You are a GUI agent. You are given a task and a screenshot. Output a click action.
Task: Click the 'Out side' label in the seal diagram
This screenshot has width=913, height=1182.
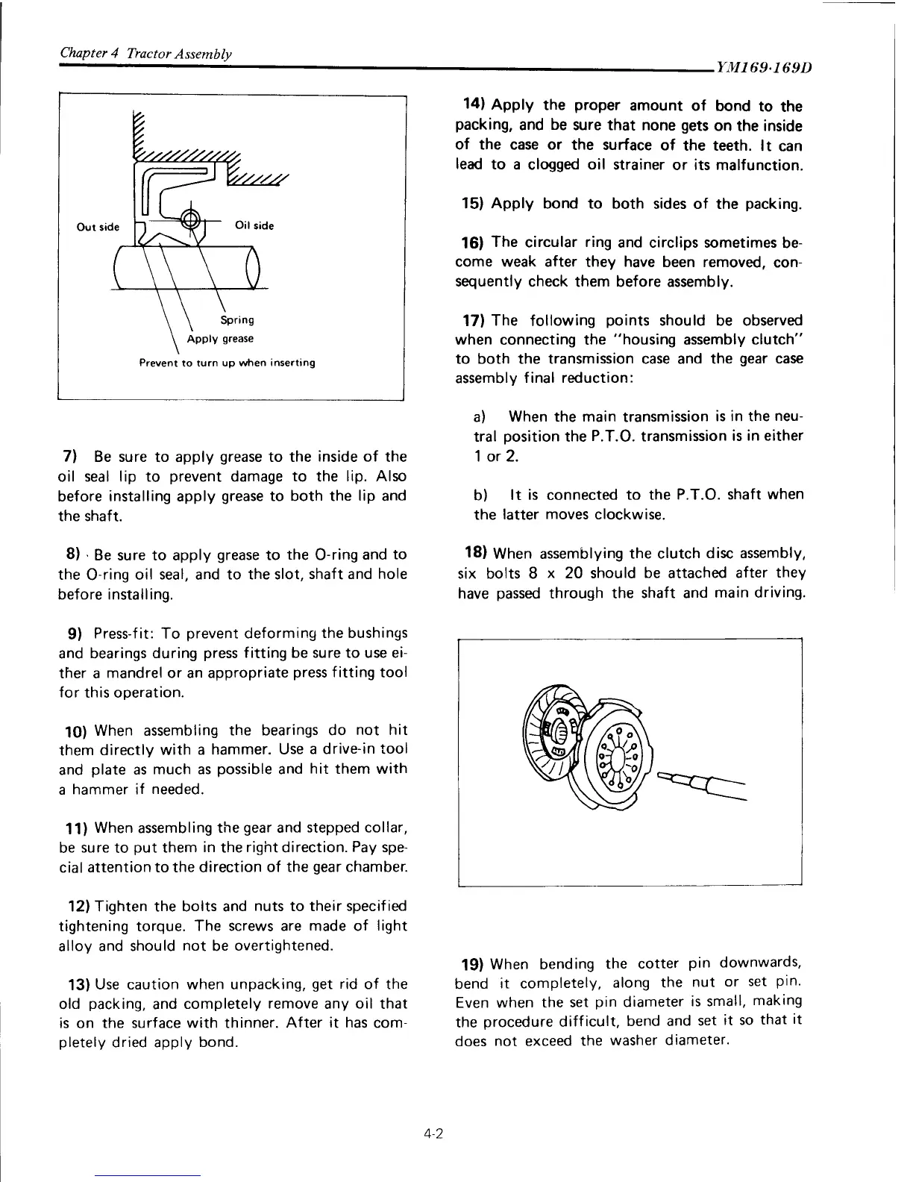point(98,227)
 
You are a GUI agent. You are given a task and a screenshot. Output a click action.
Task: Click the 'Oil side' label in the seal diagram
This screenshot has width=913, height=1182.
point(254,225)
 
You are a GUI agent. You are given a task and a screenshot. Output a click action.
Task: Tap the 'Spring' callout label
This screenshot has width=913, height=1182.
point(237,320)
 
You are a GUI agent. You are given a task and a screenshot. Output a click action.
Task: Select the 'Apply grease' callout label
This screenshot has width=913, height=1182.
point(220,339)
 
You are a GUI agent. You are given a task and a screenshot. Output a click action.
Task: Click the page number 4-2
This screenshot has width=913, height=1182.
point(433,1133)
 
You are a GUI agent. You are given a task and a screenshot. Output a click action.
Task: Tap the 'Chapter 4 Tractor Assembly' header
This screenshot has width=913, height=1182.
point(145,54)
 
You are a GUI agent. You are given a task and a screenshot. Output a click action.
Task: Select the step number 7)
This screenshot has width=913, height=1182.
point(70,456)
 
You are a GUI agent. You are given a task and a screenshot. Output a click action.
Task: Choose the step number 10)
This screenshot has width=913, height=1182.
point(74,731)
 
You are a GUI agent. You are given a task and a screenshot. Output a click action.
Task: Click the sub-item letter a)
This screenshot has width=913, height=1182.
point(480,416)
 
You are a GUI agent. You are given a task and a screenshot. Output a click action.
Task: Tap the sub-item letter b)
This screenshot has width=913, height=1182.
point(480,495)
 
